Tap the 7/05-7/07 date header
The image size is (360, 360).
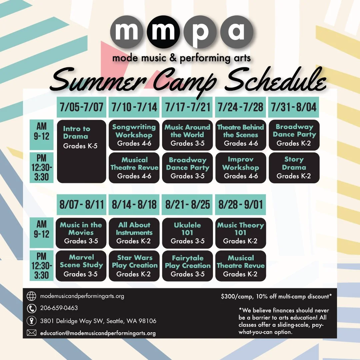(x=82, y=107)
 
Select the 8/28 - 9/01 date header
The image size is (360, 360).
(x=240, y=204)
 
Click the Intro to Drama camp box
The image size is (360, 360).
(x=82, y=151)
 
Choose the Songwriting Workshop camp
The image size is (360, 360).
(x=134, y=135)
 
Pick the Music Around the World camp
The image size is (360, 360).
(x=187, y=135)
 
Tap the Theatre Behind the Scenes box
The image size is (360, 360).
(x=241, y=135)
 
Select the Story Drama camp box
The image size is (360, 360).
(x=294, y=168)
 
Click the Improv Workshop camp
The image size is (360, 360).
(x=241, y=168)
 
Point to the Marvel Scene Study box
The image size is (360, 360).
(x=81, y=265)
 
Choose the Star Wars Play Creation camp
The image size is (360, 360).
(x=134, y=265)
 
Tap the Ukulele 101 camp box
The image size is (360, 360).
(x=187, y=233)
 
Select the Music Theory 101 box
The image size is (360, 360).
(x=240, y=233)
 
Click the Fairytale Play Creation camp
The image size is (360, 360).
(x=187, y=265)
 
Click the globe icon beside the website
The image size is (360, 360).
(x=31, y=296)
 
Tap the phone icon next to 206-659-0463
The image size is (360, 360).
(x=31, y=308)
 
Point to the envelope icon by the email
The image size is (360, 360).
(x=31, y=333)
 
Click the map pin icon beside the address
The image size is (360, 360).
(x=31, y=321)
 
